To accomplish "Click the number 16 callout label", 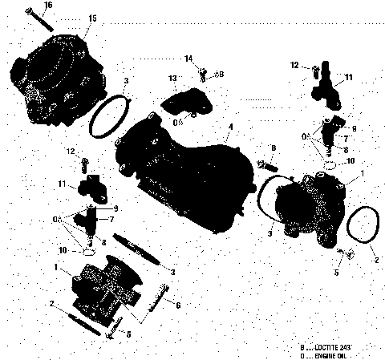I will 47,6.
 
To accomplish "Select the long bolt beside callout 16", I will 38,18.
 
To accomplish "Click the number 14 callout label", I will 188,59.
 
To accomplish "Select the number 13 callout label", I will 172,77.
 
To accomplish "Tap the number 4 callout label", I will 231,127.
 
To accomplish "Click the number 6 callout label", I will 177,305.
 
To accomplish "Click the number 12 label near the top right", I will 294,64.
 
